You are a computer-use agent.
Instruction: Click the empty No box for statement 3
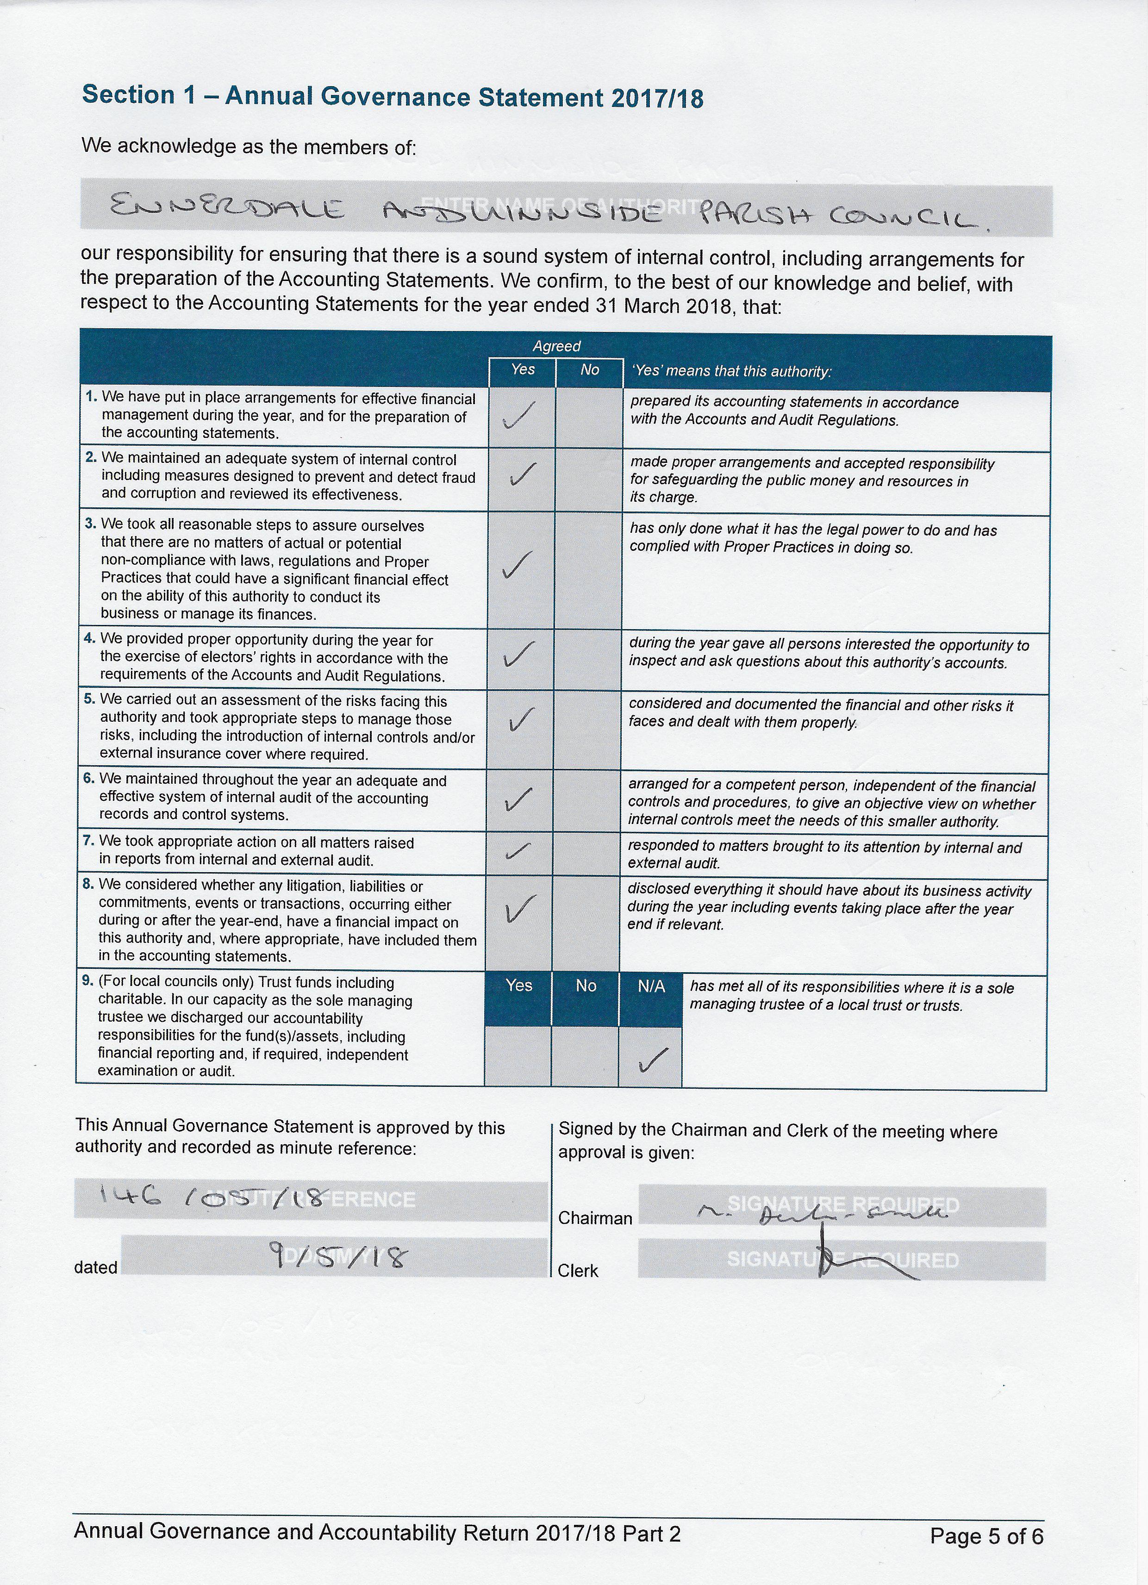pyautogui.click(x=588, y=569)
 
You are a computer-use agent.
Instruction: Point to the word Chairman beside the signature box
pyautogui.click(x=595, y=1218)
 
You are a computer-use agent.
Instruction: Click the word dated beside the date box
pyautogui.click(x=96, y=1267)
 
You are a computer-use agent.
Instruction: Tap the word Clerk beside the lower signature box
pyautogui.click(x=578, y=1271)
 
